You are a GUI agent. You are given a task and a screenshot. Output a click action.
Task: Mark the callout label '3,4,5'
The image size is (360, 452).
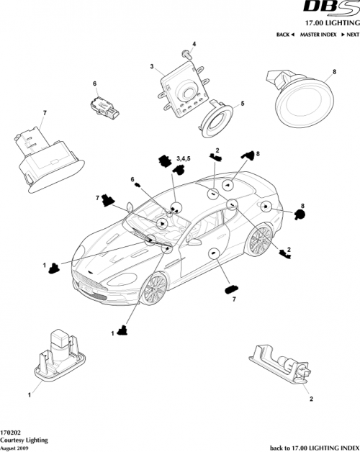(184, 158)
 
